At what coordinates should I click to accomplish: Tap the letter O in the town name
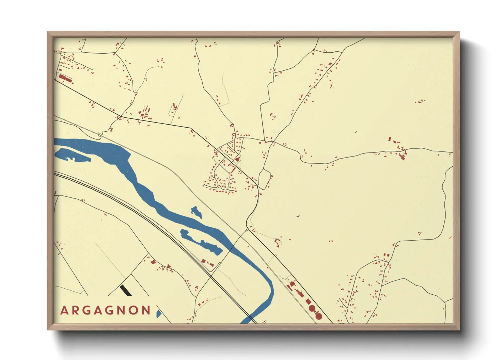(x=133, y=310)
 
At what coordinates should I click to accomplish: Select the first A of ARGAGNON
(x=64, y=310)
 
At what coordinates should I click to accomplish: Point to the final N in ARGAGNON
(x=146, y=310)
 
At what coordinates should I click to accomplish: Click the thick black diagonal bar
(x=126, y=290)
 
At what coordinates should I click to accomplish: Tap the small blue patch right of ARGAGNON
(x=158, y=313)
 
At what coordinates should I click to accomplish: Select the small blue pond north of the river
(x=196, y=212)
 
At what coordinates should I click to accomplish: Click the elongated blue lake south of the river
(x=201, y=242)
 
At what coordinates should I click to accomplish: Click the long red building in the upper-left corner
(x=65, y=79)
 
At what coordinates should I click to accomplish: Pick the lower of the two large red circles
(x=319, y=316)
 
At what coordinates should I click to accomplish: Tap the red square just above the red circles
(x=308, y=301)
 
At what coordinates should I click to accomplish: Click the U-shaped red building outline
(x=277, y=242)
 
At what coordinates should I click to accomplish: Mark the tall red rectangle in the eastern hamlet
(x=390, y=139)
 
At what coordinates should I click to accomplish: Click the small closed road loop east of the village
(x=264, y=179)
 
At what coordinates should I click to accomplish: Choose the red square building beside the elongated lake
(x=203, y=261)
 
